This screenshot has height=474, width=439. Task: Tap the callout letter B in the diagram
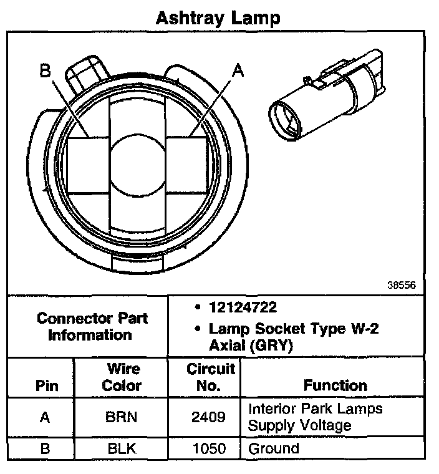tap(44, 70)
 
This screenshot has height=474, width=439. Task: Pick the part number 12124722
tap(243, 307)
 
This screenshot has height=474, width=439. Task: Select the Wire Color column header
tap(122, 377)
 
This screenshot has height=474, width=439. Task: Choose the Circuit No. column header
tap(210, 377)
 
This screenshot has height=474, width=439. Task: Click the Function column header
tap(335, 385)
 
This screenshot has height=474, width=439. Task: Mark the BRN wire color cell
tap(122, 417)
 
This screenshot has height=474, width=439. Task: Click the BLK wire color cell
tap(122, 448)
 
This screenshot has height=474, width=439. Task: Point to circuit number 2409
tap(209, 417)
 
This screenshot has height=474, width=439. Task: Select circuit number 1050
tap(209, 448)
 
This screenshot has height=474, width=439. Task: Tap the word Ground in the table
tap(274, 448)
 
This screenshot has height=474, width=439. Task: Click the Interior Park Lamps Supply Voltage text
tap(316, 417)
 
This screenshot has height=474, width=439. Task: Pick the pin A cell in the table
tap(45, 417)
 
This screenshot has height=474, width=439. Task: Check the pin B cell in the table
tap(45, 448)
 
